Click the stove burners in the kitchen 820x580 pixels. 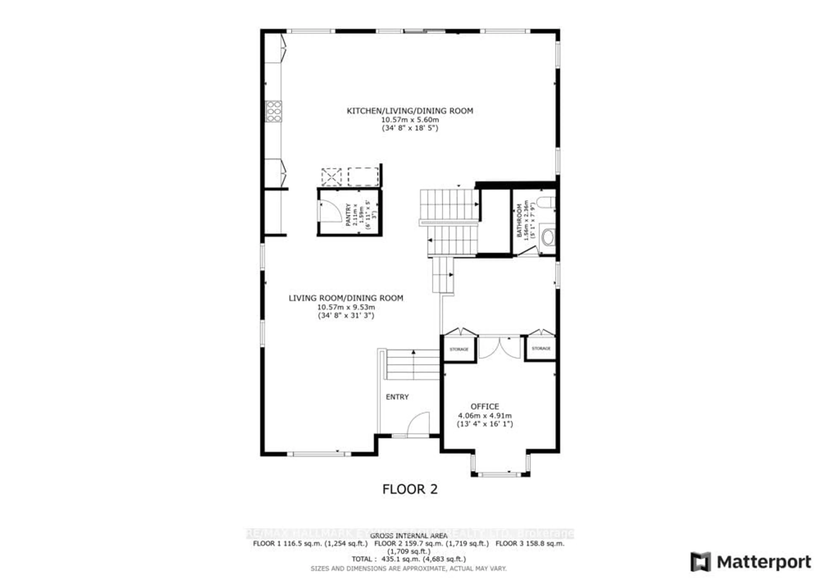[273, 111]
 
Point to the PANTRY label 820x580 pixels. [348, 214]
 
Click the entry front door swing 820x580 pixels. [418, 424]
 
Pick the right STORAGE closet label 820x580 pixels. [541, 348]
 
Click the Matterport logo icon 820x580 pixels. [700, 562]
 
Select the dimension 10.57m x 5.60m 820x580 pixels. [410, 120]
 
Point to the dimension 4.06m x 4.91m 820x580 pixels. [485, 416]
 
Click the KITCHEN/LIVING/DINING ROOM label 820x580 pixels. [410, 111]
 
